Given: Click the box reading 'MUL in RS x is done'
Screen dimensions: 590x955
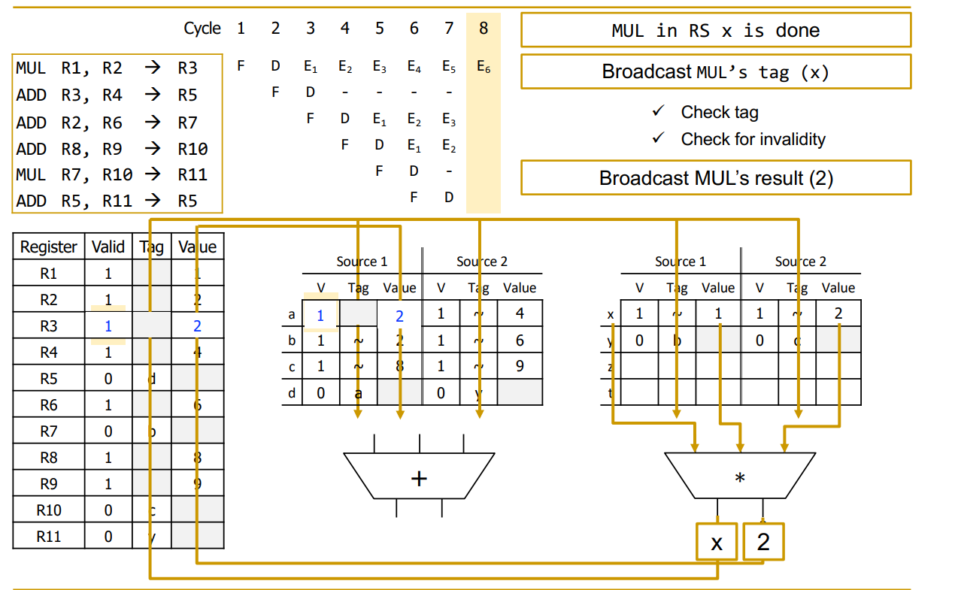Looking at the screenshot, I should click(x=715, y=31).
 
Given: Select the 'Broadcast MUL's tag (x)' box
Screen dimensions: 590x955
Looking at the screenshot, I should click(x=715, y=72).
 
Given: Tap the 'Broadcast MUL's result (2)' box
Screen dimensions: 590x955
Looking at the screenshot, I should click(x=715, y=178).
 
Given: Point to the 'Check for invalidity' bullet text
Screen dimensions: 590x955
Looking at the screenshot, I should click(x=753, y=139).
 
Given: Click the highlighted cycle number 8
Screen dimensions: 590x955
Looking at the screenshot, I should click(x=483, y=29).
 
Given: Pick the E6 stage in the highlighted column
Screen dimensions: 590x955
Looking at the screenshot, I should click(x=484, y=67).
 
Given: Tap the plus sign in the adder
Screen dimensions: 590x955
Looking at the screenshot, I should click(x=419, y=478).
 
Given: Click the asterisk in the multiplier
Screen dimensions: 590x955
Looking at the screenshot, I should click(x=740, y=478).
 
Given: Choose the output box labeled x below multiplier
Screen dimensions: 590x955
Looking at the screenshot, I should click(x=717, y=542).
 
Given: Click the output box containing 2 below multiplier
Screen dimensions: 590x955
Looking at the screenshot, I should click(x=763, y=542).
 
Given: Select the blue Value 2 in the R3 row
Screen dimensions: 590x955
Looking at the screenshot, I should click(x=197, y=326).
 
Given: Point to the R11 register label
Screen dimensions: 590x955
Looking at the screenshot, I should click(x=49, y=536).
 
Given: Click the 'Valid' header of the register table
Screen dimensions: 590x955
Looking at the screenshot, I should click(x=108, y=247).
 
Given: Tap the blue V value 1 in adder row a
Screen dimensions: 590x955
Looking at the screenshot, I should click(x=320, y=316).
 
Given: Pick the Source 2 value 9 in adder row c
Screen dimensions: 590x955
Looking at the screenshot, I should click(x=520, y=366).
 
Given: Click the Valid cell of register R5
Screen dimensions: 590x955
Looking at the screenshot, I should click(x=108, y=379).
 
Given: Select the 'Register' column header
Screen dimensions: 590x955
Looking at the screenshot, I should click(x=49, y=247).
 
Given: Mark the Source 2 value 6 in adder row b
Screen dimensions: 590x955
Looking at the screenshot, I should click(x=520, y=340).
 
